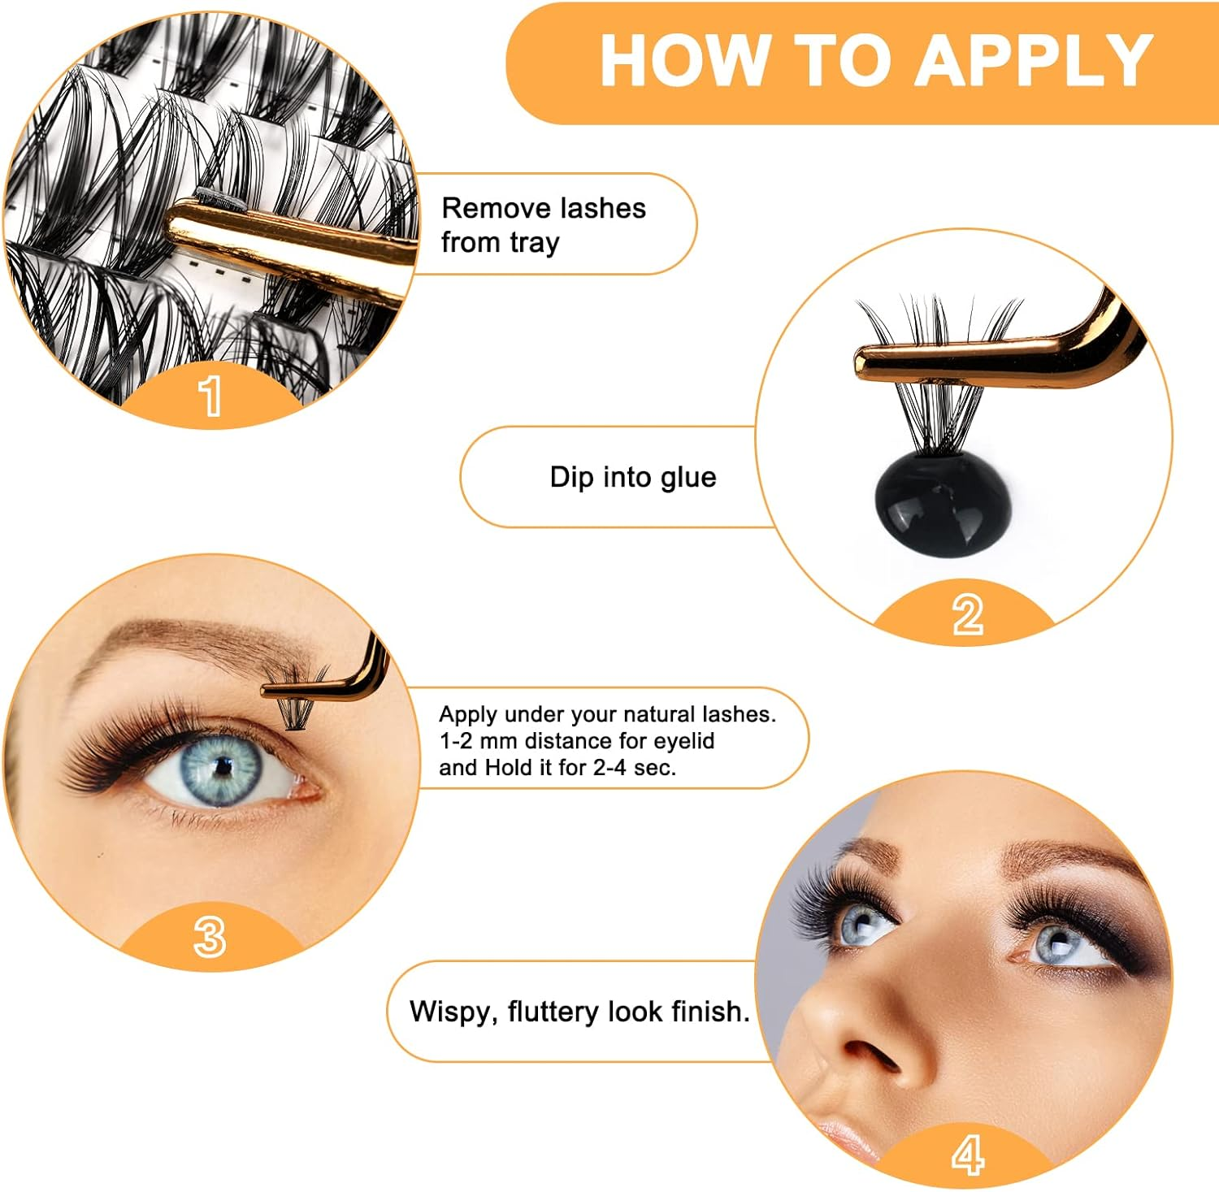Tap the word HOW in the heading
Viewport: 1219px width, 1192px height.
pos(685,60)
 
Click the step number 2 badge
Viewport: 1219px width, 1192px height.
pos(967,614)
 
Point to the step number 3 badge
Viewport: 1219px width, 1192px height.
pos(210,937)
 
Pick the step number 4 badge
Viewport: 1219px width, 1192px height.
pos(967,1155)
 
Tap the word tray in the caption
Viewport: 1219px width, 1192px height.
pos(534,242)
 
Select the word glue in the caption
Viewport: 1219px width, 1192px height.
pos(688,477)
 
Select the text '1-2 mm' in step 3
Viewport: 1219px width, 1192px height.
pos(479,741)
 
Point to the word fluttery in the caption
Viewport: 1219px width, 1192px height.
pos(553,1012)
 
